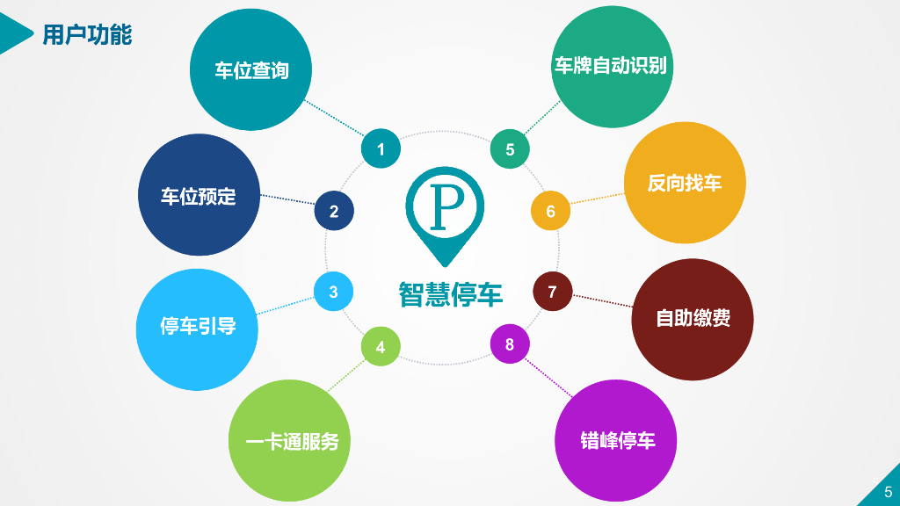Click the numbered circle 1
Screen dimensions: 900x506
pyautogui.click(x=381, y=149)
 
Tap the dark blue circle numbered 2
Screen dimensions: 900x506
pyautogui.click(x=334, y=211)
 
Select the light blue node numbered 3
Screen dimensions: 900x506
pyautogui.click(x=334, y=292)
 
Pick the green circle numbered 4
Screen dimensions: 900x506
pyautogui.click(x=381, y=347)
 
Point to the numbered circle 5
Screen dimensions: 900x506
pyautogui.click(x=510, y=149)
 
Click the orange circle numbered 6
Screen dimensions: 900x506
pyautogui.click(x=550, y=211)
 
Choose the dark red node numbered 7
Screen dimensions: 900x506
pyautogui.click(x=552, y=292)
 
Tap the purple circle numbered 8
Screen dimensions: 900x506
pyautogui.click(x=510, y=344)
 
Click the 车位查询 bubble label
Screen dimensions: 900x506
pyautogui.click(x=251, y=70)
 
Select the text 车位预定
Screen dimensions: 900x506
pyautogui.click(x=199, y=196)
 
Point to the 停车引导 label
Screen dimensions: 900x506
pyautogui.click(x=198, y=328)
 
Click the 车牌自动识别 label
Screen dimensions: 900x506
pyautogui.click(x=611, y=66)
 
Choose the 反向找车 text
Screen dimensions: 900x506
pyautogui.click(x=685, y=183)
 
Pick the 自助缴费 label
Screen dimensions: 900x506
pyautogui.click(x=693, y=318)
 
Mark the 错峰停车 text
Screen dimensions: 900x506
pyautogui.click(x=618, y=440)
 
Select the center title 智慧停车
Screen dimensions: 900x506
pyautogui.click(x=450, y=294)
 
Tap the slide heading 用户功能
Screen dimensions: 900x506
pyautogui.click(x=87, y=35)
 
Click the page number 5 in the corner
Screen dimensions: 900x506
pyautogui.click(x=888, y=492)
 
